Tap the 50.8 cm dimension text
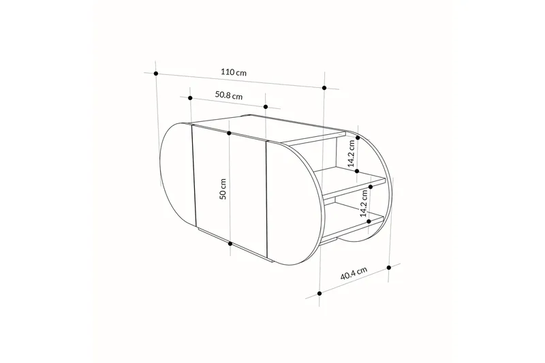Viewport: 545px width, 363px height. pos(228,96)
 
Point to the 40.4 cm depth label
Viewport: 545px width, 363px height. pos(354,275)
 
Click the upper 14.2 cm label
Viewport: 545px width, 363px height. pos(352,154)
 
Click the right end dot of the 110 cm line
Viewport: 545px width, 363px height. pos(325,88)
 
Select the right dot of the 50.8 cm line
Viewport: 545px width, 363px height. pos(266,107)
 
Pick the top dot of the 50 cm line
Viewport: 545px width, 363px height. pos(229,133)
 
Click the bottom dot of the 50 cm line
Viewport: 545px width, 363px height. pos(230,243)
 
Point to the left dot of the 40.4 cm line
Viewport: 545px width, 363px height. pos(320,294)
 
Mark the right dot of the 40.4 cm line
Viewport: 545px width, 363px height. pos(389,266)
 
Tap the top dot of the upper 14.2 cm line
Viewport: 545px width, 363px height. pos(357,136)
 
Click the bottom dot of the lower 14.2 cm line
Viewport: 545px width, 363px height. pos(369,221)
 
